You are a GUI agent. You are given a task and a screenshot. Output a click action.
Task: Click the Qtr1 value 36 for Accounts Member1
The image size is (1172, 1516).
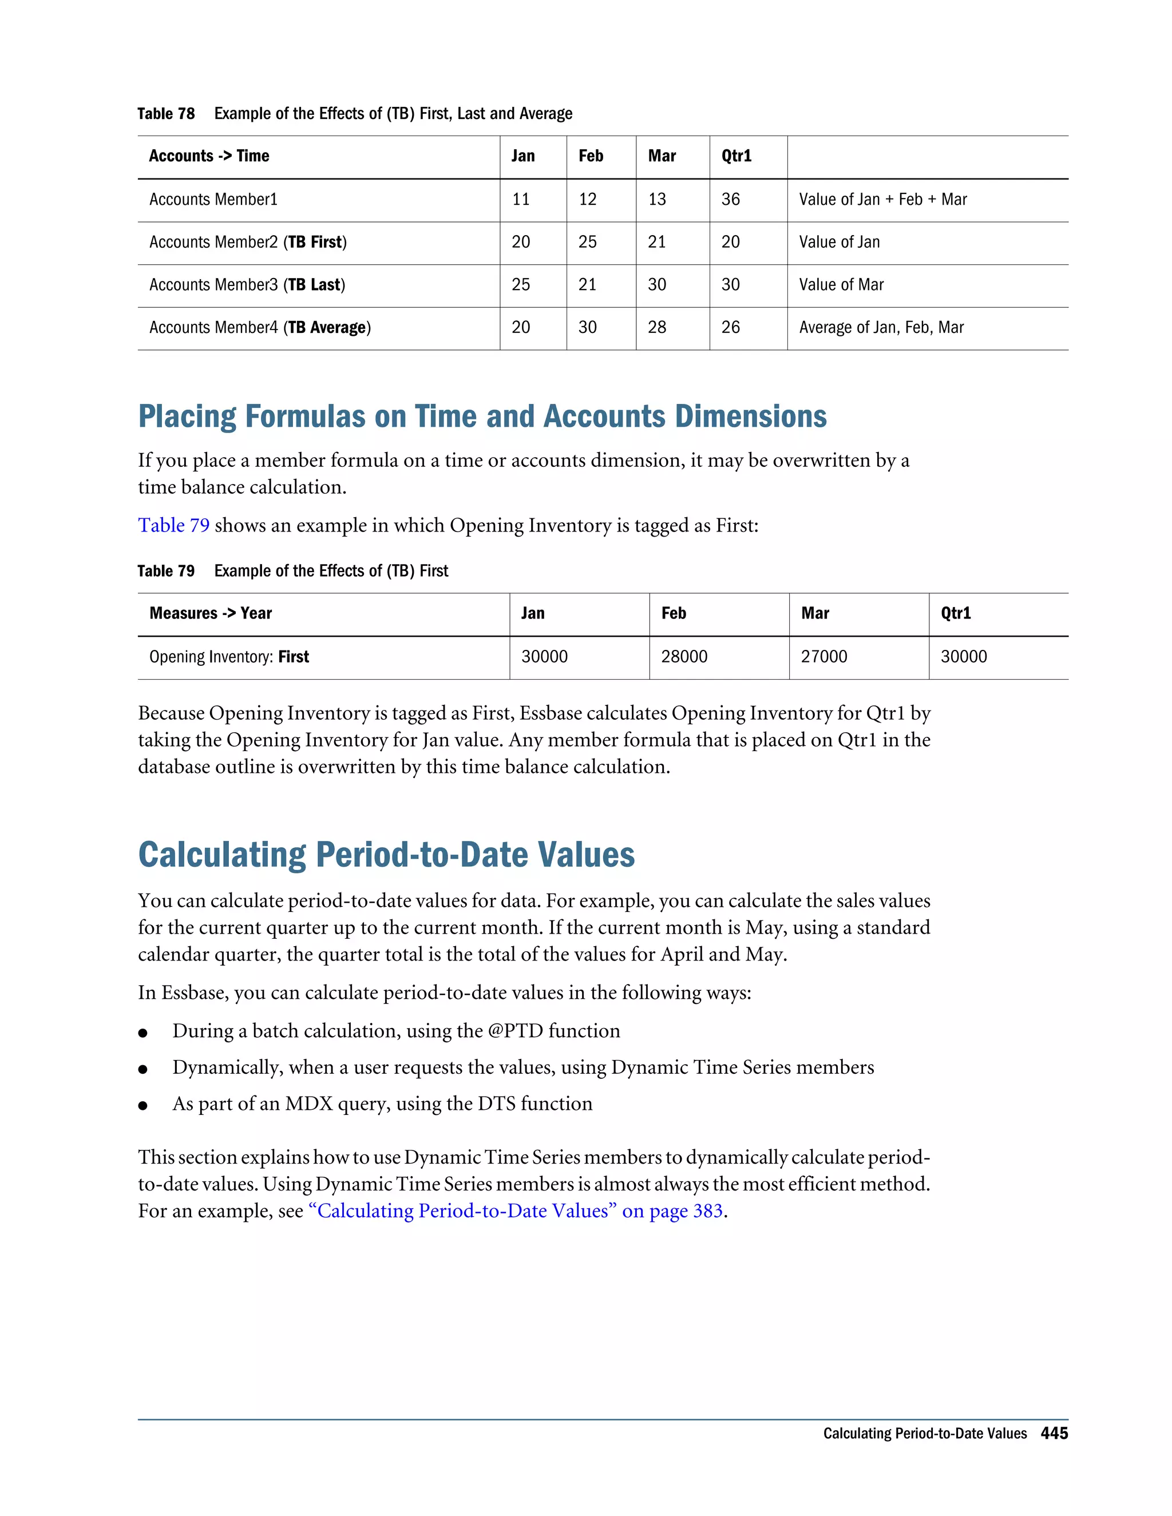[x=730, y=200]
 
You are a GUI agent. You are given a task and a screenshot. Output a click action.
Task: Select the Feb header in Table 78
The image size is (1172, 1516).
[x=591, y=156]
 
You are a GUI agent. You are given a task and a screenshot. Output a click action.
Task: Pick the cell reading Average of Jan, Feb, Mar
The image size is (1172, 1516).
[x=881, y=328]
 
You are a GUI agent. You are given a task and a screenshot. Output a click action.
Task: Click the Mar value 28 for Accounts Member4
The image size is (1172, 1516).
[x=657, y=328]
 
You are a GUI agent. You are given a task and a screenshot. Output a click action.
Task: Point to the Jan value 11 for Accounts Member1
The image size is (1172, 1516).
[x=521, y=200]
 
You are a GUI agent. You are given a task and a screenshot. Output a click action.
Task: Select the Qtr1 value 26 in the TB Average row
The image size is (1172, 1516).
[x=730, y=328]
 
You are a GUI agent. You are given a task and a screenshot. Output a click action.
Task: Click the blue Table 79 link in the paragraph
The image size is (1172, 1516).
[x=173, y=526]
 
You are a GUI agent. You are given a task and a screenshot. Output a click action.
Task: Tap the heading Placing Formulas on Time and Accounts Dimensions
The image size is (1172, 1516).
[x=482, y=416]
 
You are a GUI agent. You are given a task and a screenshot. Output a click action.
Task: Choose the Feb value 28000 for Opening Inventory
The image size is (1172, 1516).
[x=684, y=657]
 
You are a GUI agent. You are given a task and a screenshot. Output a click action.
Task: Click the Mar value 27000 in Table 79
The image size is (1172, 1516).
[x=824, y=657]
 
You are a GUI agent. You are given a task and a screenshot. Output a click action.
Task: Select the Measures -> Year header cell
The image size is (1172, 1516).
[x=211, y=614]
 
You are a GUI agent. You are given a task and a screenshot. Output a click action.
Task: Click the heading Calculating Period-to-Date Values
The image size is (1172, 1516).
[x=386, y=855]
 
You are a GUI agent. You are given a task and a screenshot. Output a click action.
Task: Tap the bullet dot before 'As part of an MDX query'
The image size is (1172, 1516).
[x=143, y=1105]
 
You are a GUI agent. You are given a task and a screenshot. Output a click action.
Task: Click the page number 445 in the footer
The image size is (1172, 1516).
[x=1054, y=1434]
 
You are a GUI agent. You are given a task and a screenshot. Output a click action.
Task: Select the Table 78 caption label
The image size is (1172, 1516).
[x=166, y=114]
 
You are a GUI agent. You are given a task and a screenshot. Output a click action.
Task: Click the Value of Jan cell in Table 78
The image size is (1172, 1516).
[x=839, y=242]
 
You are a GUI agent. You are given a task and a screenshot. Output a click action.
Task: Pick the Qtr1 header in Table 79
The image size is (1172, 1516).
[x=955, y=614]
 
